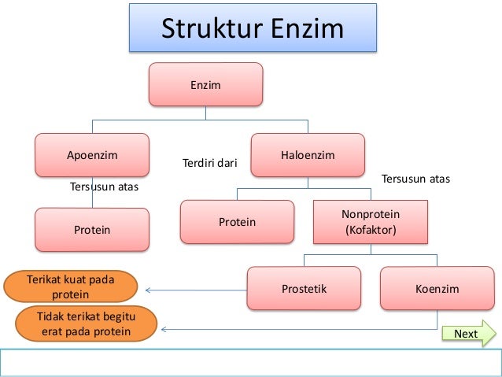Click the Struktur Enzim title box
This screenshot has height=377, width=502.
coord(253,29)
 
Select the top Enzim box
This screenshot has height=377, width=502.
coord(206,83)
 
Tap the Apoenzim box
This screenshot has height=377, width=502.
coord(92,155)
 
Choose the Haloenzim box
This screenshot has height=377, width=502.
coord(308,155)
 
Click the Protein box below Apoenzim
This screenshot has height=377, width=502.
coord(92,230)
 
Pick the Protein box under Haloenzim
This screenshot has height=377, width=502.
coord(237,222)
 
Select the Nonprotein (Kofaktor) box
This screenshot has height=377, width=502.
coord(371,222)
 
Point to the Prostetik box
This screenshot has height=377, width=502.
coord(304,289)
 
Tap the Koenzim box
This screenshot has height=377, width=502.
coord(437,289)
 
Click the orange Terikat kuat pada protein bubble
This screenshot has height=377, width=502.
coord(70,287)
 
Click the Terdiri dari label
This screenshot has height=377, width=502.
coord(209,164)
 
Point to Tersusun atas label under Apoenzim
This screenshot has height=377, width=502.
coord(105,187)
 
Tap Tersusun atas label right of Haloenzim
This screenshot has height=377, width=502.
coord(415,179)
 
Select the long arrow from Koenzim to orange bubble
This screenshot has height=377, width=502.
coord(299,329)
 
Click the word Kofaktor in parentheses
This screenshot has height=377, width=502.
coord(371,231)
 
